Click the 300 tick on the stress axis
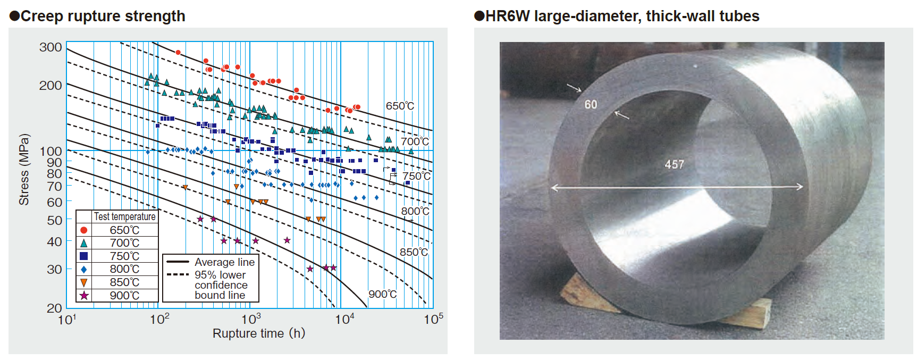(x=51, y=47)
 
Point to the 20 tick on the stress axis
(x=54, y=308)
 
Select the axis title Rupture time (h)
(x=259, y=333)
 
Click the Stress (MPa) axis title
(x=24, y=170)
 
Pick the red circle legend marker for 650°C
(x=83, y=230)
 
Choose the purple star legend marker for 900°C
(x=83, y=296)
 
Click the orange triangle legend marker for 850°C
(x=83, y=282)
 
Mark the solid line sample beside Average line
(x=178, y=262)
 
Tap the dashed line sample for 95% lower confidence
(x=178, y=275)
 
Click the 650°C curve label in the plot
(x=400, y=106)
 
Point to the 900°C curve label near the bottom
(x=382, y=294)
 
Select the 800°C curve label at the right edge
(x=415, y=211)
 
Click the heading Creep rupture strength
(x=103, y=16)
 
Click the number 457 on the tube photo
(x=674, y=165)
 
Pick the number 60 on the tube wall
(x=591, y=105)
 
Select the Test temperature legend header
(x=124, y=216)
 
